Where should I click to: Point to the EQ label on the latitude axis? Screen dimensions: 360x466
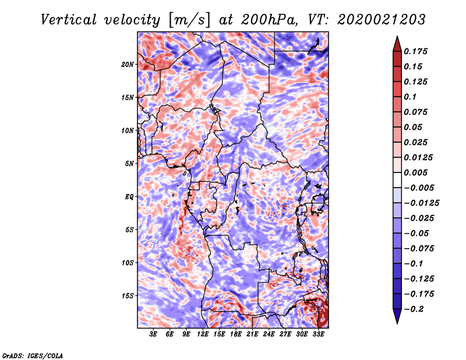pyautogui.click(x=129, y=196)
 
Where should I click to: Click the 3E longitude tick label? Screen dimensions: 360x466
pyautogui.click(x=153, y=334)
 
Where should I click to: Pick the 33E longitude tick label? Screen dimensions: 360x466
pyautogui.click(x=318, y=334)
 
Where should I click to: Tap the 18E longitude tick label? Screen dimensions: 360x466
pyautogui.click(x=235, y=334)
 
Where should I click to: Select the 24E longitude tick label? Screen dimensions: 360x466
pyautogui.click(x=269, y=334)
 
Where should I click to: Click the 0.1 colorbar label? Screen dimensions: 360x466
pyautogui.click(x=411, y=97)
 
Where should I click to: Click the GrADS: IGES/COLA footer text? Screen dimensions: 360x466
pyautogui.click(x=33, y=355)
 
